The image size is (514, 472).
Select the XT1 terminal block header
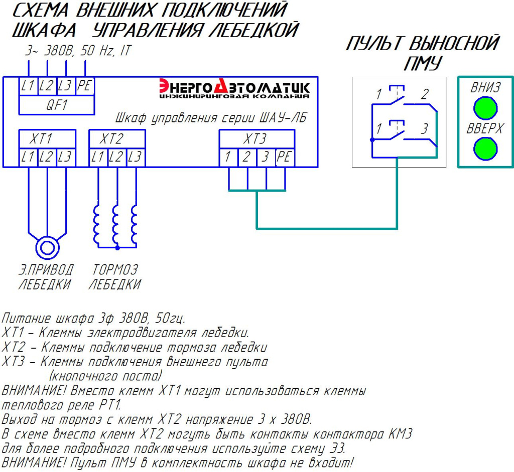click(x=48, y=138)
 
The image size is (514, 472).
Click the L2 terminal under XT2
click(x=116, y=158)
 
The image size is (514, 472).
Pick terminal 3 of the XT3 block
click(x=266, y=158)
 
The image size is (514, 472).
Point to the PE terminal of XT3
click(x=285, y=158)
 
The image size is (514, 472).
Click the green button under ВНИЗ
click(x=485, y=108)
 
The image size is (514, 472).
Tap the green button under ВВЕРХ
click(x=485, y=148)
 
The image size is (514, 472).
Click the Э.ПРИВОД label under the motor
click(x=46, y=269)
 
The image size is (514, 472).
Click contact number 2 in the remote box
click(x=425, y=94)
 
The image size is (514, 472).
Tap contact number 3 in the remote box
click(x=425, y=129)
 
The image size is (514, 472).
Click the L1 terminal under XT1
click(x=28, y=158)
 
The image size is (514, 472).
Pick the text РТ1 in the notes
click(x=110, y=404)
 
